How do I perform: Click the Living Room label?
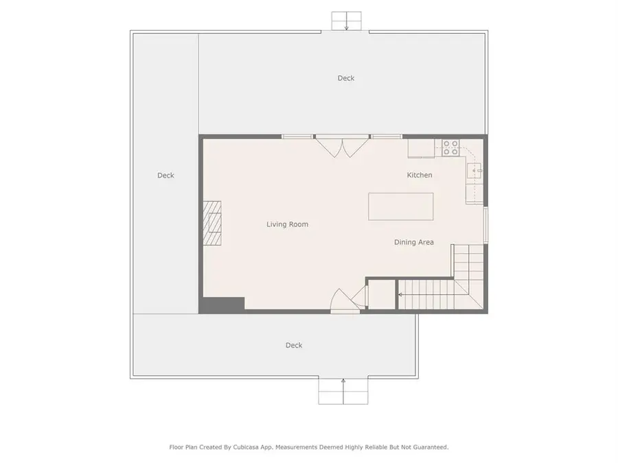click(287, 224)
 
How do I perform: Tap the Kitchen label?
click(420, 175)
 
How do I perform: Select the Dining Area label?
click(414, 242)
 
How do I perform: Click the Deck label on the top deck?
click(346, 78)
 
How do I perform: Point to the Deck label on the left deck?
click(165, 175)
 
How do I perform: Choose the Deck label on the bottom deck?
click(294, 345)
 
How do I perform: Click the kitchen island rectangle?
click(401, 206)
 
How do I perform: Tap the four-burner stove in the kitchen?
click(450, 148)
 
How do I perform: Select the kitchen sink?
click(474, 171)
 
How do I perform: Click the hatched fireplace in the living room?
click(212, 223)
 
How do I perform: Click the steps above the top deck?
click(347, 21)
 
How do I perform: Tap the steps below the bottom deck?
click(343, 391)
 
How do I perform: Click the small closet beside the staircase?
click(381, 294)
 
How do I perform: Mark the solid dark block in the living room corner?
click(222, 305)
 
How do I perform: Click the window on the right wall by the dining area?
click(486, 225)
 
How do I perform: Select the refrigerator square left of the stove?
click(422, 148)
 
